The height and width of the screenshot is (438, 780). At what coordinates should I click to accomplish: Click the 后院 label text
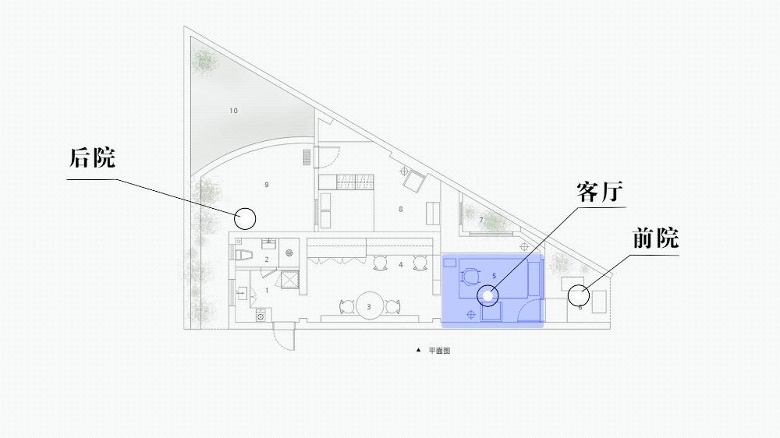click(x=92, y=157)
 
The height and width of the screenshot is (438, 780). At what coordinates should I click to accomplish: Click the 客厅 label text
click(x=600, y=192)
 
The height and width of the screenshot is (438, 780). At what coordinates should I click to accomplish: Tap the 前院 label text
click(x=656, y=238)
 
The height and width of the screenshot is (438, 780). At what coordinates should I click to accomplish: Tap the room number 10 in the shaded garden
click(x=233, y=111)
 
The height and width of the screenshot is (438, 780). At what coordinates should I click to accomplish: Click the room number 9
click(x=267, y=185)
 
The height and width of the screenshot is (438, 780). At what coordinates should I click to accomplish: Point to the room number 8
click(x=400, y=210)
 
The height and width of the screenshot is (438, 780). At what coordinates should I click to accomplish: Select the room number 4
click(x=400, y=265)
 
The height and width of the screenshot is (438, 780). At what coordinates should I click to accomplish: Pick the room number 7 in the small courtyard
click(x=481, y=220)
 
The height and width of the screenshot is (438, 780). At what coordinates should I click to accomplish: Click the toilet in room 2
click(x=243, y=256)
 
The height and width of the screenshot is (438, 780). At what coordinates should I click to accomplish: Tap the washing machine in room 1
click(x=261, y=315)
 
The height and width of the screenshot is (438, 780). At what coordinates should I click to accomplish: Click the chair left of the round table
click(x=347, y=307)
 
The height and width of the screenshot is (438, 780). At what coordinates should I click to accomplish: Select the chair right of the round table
click(x=393, y=307)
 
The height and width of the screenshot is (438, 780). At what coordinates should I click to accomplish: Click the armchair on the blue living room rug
click(x=470, y=277)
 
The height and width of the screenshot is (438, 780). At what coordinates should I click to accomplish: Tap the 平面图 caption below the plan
click(x=440, y=351)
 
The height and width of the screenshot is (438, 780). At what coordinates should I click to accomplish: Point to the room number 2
click(x=267, y=260)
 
